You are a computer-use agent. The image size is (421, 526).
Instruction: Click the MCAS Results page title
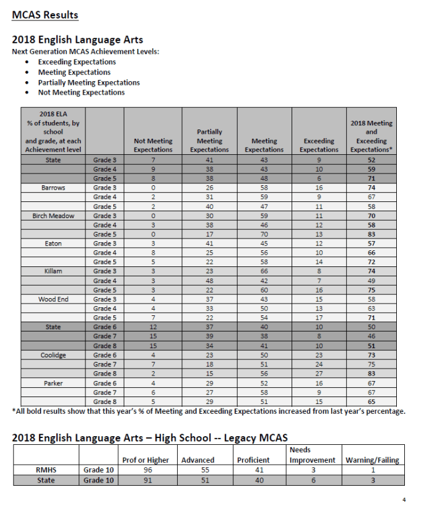(x=45, y=15)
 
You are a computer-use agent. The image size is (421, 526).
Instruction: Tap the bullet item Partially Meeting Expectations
(x=89, y=82)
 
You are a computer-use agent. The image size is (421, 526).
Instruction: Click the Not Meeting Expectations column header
(x=153, y=145)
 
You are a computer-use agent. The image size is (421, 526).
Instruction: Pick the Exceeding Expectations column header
(x=319, y=145)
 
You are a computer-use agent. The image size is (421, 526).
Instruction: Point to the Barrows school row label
(x=53, y=187)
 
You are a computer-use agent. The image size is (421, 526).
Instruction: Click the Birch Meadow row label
(x=53, y=216)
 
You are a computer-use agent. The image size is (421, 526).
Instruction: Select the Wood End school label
(x=53, y=299)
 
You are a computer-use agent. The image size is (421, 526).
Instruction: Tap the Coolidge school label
(x=53, y=355)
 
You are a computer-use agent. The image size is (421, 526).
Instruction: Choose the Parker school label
(x=53, y=383)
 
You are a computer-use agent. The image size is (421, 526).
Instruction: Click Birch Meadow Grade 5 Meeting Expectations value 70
(x=264, y=234)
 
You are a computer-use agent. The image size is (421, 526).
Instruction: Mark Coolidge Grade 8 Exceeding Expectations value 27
(x=319, y=374)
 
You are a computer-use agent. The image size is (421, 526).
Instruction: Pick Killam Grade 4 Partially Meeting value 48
(x=209, y=281)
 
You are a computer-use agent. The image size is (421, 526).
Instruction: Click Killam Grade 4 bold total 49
(x=371, y=281)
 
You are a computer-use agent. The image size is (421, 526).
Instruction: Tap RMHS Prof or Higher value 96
(x=147, y=470)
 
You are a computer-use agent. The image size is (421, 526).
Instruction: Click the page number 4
(x=404, y=499)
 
